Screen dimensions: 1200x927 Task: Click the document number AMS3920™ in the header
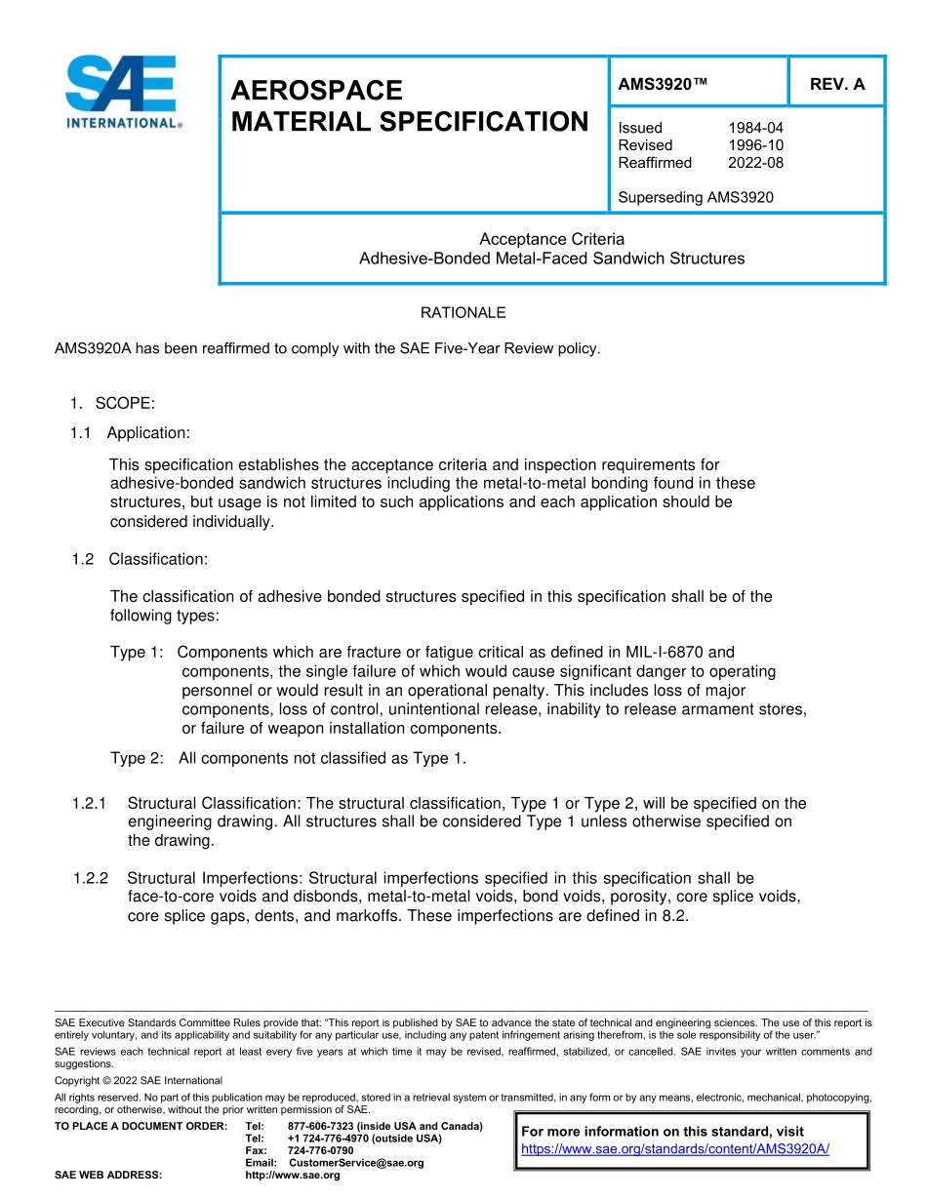(x=663, y=84)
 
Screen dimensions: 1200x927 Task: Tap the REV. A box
(x=836, y=84)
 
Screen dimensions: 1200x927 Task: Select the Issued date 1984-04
(x=755, y=128)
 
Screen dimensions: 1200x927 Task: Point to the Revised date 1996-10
(x=755, y=145)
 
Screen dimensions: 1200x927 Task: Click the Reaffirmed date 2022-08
(x=755, y=163)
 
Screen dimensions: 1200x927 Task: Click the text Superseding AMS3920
(x=695, y=197)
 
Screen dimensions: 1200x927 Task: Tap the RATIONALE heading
(x=463, y=313)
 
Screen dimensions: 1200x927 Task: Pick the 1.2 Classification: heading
(x=140, y=559)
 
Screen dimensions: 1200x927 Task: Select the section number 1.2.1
(x=89, y=803)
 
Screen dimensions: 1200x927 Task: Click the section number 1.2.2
(x=91, y=878)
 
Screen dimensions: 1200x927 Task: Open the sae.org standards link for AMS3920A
(x=675, y=1148)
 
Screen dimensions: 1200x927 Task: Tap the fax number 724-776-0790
(x=320, y=1150)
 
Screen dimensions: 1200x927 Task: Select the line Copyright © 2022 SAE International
(x=138, y=1080)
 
